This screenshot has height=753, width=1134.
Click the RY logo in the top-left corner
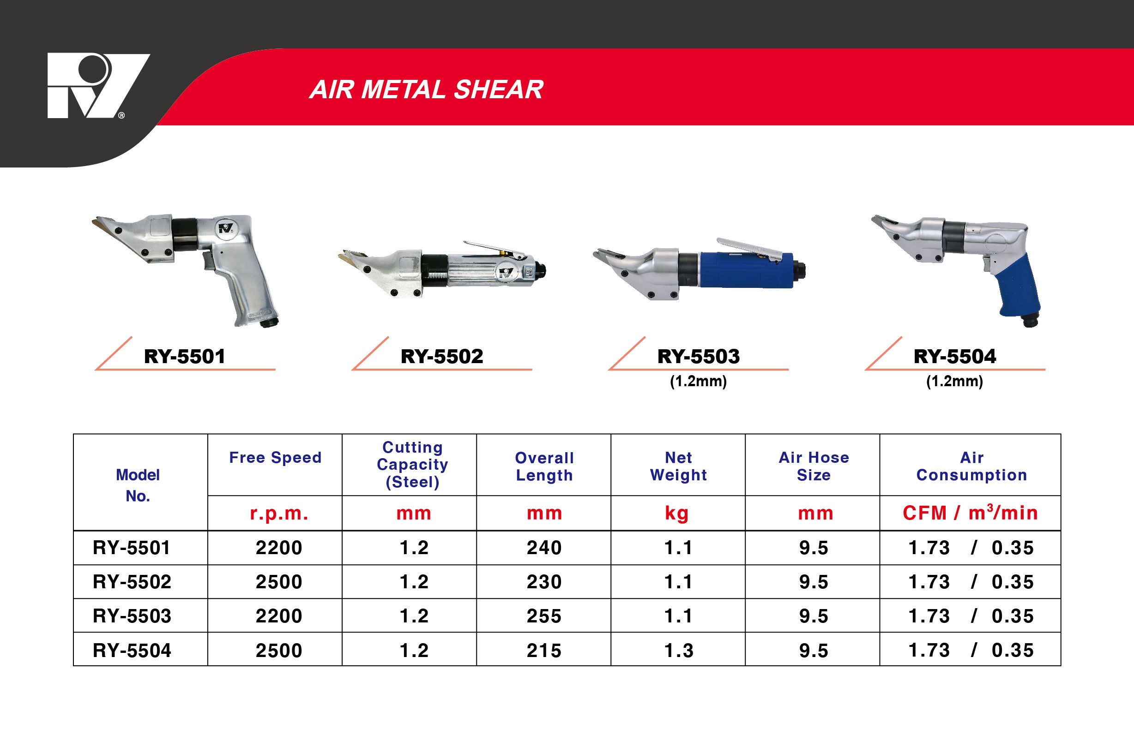(98, 85)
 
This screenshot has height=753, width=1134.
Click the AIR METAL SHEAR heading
(426, 90)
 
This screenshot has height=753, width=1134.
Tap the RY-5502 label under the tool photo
(441, 356)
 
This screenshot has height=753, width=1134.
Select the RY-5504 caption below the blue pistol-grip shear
(955, 356)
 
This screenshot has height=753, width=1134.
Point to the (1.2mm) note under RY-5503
(698, 381)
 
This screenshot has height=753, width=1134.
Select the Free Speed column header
(275, 458)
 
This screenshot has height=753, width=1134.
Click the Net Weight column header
(678, 466)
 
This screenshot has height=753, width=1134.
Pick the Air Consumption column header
(971, 466)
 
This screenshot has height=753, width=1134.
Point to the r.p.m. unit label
(279, 514)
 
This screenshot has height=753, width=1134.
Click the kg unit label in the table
(677, 514)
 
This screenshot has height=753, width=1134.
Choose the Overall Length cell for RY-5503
(544, 616)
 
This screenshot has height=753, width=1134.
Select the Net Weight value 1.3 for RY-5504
(678, 651)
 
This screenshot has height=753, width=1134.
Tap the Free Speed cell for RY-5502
(279, 582)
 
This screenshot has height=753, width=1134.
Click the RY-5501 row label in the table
(131, 548)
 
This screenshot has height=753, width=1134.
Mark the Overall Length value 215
(544, 651)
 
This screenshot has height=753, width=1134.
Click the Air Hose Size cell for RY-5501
(814, 548)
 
